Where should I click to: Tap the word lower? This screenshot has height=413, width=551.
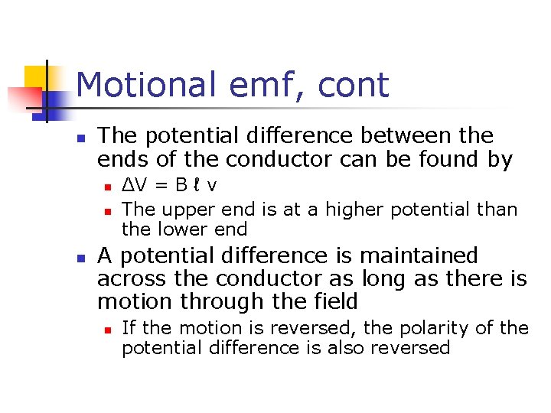pyautogui.click(x=185, y=229)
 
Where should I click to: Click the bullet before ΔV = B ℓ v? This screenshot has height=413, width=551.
pyautogui.click(x=109, y=187)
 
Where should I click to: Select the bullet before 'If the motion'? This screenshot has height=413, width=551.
pyautogui.click(x=109, y=329)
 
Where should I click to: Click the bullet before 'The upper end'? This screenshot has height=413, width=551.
pyautogui.click(x=109, y=210)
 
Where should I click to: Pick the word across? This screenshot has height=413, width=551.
pyautogui.click(x=135, y=278)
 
